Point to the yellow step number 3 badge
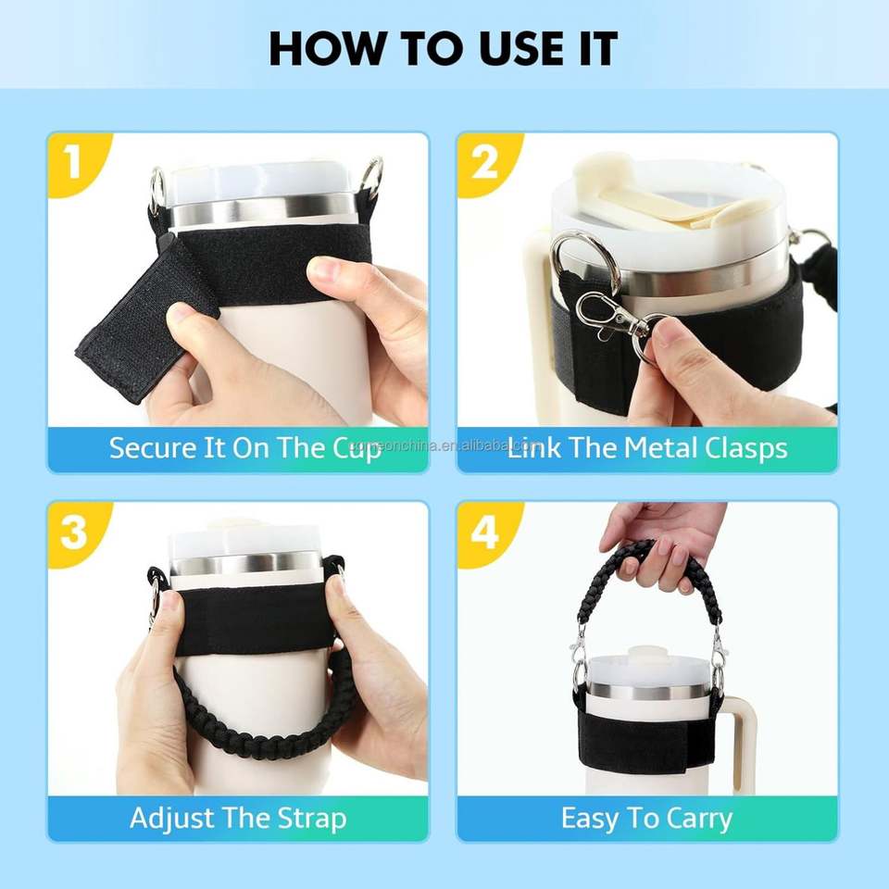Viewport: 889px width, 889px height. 77,533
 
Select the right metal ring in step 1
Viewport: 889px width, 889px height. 370,178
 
